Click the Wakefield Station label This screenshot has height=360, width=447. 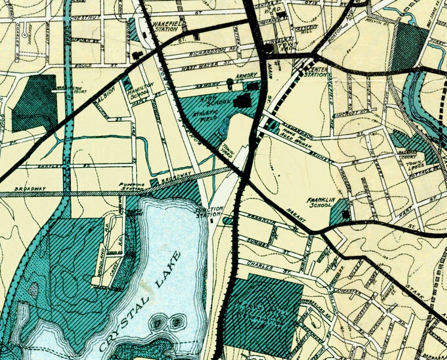pyautogui.click(x=167, y=26)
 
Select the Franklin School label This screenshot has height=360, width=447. pyautogui.click(x=322, y=203)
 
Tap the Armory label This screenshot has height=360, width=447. pyautogui.click(x=247, y=75)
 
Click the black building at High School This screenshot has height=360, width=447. pyautogui.click(x=243, y=101)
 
